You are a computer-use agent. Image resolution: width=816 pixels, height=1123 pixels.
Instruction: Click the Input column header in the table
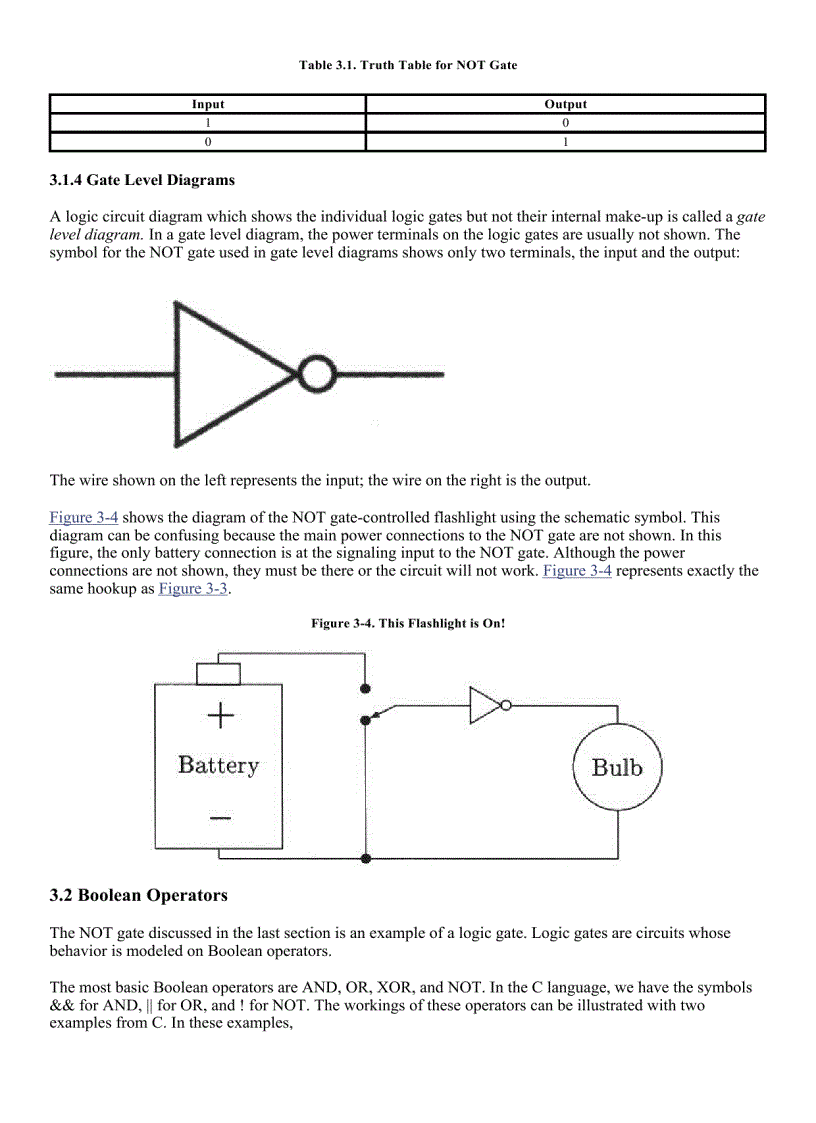click(x=208, y=104)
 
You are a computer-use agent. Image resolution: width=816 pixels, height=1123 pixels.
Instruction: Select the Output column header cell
click(x=565, y=104)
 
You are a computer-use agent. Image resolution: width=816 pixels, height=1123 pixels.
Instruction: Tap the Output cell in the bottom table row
click(x=565, y=142)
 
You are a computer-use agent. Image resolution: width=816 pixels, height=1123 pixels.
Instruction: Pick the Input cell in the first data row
click(x=208, y=123)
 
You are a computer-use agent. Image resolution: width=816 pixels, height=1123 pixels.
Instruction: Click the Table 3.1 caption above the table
click(x=408, y=65)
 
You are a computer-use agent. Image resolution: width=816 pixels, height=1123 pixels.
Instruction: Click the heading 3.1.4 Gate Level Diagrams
click(x=142, y=181)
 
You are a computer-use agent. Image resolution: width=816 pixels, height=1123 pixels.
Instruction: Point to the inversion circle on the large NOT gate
click(x=316, y=375)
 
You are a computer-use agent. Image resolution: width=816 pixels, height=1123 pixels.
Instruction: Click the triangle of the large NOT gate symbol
click(x=225, y=375)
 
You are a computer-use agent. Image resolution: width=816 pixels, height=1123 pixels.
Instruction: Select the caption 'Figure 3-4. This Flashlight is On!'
click(x=408, y=623)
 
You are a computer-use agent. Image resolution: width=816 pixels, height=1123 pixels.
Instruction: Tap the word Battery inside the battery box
click(x=218, y=766)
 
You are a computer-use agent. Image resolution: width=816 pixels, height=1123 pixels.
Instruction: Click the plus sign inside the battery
click(x=219, y=715)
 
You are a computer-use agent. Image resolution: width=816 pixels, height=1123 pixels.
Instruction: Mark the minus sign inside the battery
click(x=219, y=817)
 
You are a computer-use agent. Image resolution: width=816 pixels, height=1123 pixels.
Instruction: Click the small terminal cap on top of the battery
click(x=218, y=674)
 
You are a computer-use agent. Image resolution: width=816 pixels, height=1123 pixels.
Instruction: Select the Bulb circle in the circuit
click(x=617, y=768)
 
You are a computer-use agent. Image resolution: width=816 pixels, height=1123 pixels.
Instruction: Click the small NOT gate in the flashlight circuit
click(x=487, y=705)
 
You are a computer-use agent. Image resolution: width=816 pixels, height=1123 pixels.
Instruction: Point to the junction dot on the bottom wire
click(x=366, y=858)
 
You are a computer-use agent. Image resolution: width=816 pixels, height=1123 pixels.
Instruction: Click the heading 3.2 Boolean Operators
click(x=139, y=895)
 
